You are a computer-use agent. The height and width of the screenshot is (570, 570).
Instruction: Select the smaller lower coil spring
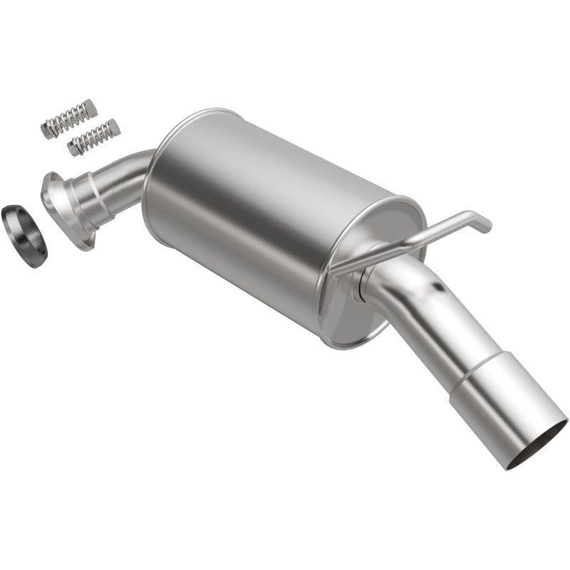pyautogui.click(x=93, y=138)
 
